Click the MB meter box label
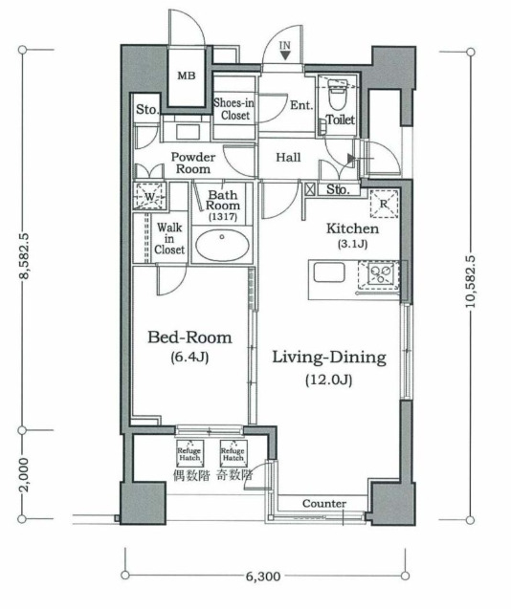click(x=187, y=76)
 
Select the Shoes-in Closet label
click(x=234, y=109)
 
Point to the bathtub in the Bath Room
click(x=222, y=246)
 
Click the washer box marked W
click(x=149, y=196)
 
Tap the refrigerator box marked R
click(x=384, y=204)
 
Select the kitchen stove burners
click(x=379, y=274)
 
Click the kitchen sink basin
click(x=329, y=272)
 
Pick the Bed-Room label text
click(x=189, y=337)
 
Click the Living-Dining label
click(x=329, y=358)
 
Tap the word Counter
click(x=324, y=504)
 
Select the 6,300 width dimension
click(x=263, y=576)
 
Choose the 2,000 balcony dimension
click(x=23, y=474)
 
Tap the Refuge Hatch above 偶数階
click(x=189, y=453)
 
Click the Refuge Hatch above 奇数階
click(x=233, y=453)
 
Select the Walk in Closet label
click(x=169, y=238)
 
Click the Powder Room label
click(x=193, y=163)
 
